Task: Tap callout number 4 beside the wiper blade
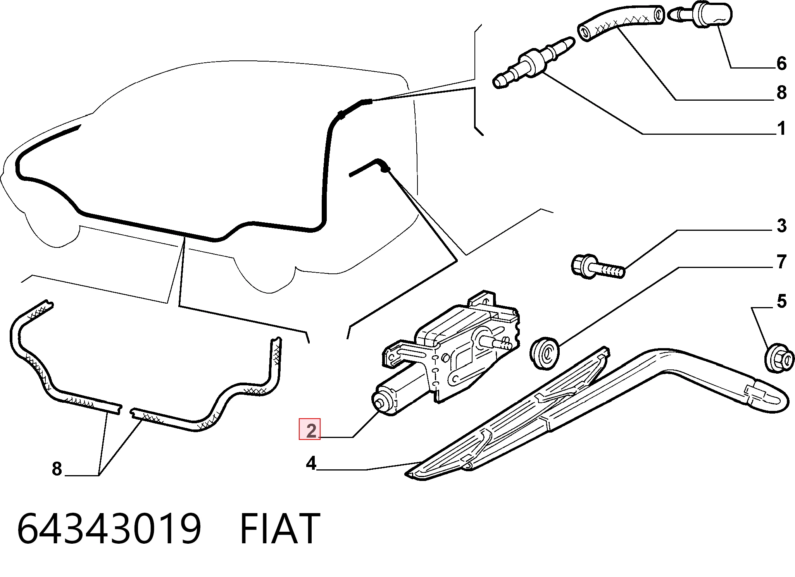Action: [x=311, y=463]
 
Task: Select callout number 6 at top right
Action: [x=781, y=64]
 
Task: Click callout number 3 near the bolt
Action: [x=781, y=226]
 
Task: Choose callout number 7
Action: [x=782, y=262]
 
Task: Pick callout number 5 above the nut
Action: [x=781, y=301]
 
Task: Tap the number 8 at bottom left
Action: [x=57, y=469]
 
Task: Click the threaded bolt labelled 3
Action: [x=598, y=266]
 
